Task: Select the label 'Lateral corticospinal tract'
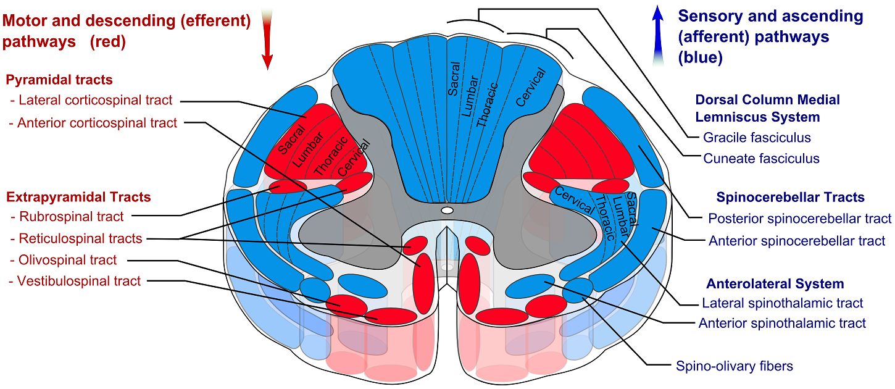coord(95,100)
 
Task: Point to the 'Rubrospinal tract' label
coord(71,216)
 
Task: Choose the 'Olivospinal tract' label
coord(68,260)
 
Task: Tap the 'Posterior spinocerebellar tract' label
coord(800,218)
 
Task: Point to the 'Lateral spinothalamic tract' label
coord(783,303)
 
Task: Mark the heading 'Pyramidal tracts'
coord(59,80)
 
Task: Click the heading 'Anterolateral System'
coord(775,284)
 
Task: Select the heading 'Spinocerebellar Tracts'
coord(790,198)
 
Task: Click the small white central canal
coord(447,211)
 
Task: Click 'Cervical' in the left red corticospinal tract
coord(354,157)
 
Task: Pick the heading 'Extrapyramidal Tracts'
coord(78,197)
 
